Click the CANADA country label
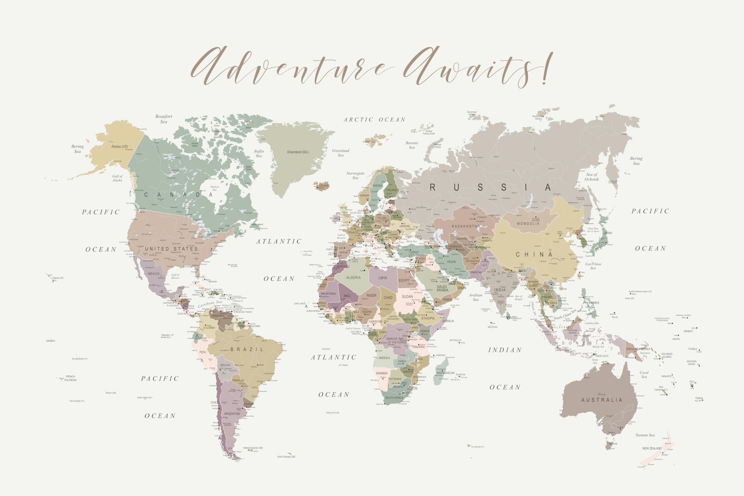pos(178,195)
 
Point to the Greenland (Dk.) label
pos(298,152)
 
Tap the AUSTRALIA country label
pos(602,400)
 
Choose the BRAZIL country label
pos(247,349)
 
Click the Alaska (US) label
pos(120,146)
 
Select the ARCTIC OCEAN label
pos(374,120)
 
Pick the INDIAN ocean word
pos(505,350)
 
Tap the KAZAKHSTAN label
pos(466,226)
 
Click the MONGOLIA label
pos(528,224)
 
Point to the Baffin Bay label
pos(259,153)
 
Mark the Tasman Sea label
pos(645,435)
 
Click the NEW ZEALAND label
pos(652,448)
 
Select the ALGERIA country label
pos(353,278)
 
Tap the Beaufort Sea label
pos(163,119)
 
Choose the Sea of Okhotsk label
pos(592,176)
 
